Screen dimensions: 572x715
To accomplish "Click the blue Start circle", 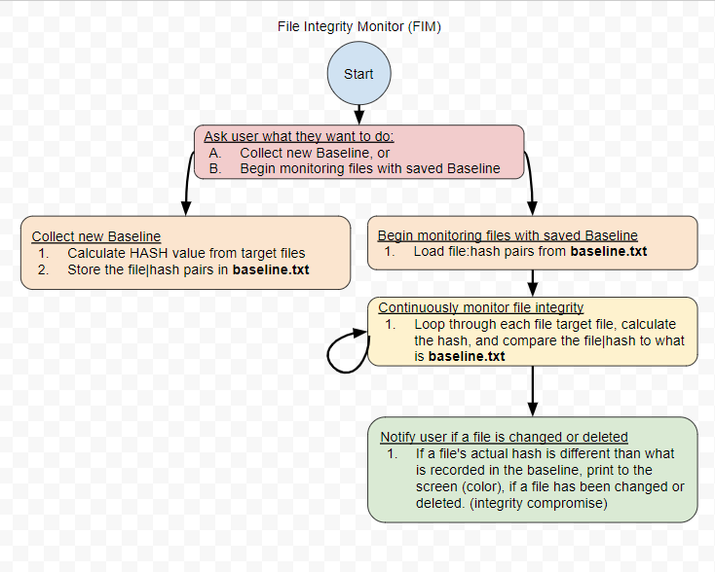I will click(x=358, y=74).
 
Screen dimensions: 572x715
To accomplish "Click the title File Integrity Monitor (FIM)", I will click(x=358, y=26).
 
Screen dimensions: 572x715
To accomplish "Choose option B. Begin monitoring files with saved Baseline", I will click(x=355, y=168).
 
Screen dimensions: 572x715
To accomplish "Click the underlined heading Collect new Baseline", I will click(x=96, y=236).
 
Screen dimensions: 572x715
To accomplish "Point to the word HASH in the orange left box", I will click(x=149, y=253).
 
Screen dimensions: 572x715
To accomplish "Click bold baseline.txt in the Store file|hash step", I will click(x=270, y=269).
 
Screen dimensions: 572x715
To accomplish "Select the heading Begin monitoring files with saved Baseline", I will click(x=508, y=235).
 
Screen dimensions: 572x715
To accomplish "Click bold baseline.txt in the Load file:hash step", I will click(x=608, y=251).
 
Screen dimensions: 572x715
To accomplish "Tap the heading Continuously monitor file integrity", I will click(x=481, y=307).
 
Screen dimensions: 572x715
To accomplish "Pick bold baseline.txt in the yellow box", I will click(x=467, y=357).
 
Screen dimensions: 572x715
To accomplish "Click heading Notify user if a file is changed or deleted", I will click(x=504, y=437).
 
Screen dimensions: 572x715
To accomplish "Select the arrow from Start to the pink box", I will click(x=358, y=114).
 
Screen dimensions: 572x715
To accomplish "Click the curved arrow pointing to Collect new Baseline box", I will click(x=186, y=180).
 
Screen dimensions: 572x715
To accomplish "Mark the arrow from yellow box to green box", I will click(x=533, y=391).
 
